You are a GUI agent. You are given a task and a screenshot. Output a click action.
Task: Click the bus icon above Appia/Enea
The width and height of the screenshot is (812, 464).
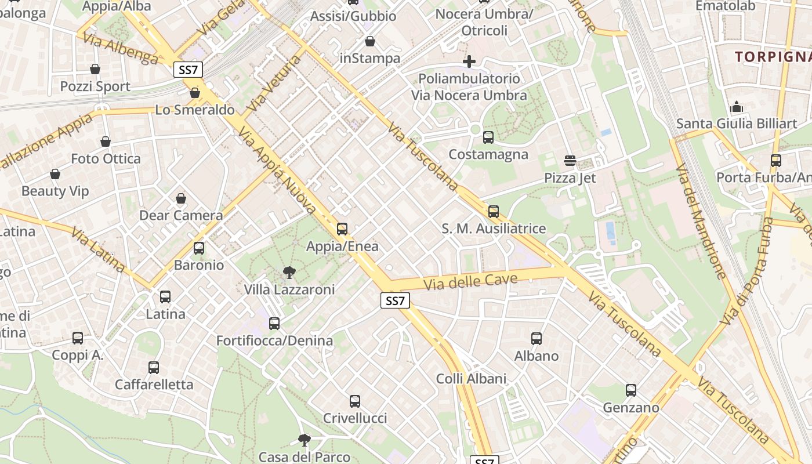click(x=342, y=229)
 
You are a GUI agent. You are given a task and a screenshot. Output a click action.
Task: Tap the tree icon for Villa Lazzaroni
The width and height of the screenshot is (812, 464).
click(x=289, y=272)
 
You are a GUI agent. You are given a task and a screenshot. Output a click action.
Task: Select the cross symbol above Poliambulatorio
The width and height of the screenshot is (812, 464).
click(x=469, y=61)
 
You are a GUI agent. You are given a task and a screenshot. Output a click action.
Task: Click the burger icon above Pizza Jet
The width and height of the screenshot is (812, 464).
click(x=570, y=161)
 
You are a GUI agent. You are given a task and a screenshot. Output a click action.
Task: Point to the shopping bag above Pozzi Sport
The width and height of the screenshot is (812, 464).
click(x=95, y=70)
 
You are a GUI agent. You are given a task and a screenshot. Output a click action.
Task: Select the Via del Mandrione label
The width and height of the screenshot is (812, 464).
click(x=701, y=221)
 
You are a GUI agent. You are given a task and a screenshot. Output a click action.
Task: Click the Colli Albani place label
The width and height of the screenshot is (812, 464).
click(x=471, y=379)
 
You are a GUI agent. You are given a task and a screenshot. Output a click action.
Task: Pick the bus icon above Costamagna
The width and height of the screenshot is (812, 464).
click(x=488, y=137)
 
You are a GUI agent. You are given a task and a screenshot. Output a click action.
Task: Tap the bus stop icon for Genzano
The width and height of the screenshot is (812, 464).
click(x=631, y=390)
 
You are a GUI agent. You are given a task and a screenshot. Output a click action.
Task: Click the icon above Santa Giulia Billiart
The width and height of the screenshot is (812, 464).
click(x=737, y=107)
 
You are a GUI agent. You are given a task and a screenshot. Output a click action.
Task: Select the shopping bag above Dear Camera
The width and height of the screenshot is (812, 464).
click(x=181, y=198)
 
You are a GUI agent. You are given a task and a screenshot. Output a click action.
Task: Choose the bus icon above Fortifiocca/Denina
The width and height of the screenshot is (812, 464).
click(x=274, y=324)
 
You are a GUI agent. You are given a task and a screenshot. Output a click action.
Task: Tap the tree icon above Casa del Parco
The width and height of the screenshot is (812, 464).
click(x=304, y=440)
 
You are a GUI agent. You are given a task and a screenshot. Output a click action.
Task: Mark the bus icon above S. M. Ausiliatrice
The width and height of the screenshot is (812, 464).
click(x=494, y=212)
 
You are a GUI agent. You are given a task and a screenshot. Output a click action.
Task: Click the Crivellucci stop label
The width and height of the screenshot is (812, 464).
click(x=355, y=418)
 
